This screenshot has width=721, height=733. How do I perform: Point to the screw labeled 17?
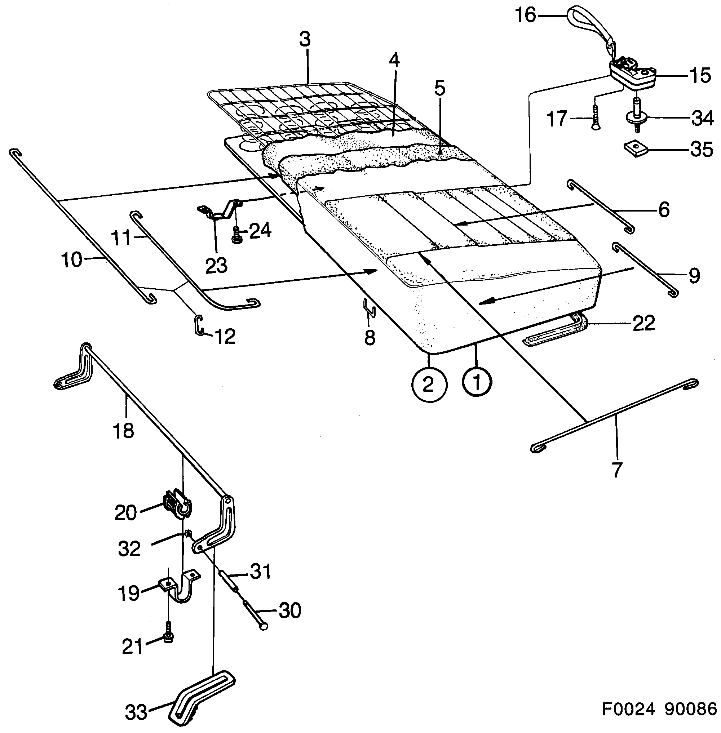pyautogui.click(x=595, y=118)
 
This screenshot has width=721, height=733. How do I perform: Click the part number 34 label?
pyautogui.click(x=703, y=119)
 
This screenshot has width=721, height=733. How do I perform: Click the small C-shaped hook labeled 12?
pyautogui.click(x=198, y=325)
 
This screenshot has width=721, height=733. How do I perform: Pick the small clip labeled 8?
pyautogui.click(x=369, y=307)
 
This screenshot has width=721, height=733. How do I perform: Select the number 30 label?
pyautogui.click(x=290, y=611)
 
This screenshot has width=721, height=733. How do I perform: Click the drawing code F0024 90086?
pyautogui.click(x=659, y=709)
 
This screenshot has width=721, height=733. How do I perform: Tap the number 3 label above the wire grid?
pyautogui.click(x=305, y=40)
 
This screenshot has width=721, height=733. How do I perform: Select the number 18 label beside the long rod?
pyautogui.click(x=123, y=431)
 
